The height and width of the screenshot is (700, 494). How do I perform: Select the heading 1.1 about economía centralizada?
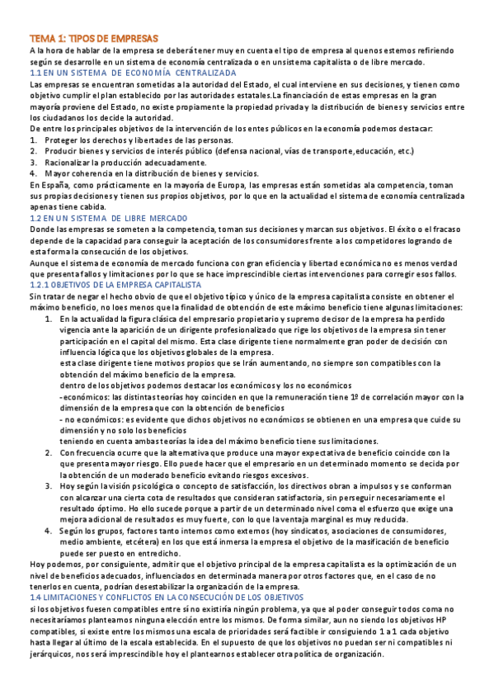(x=132, y=73)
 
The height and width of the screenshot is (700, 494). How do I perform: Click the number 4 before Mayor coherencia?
(x=31, y=173)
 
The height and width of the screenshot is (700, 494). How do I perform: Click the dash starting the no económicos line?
(x=62, y=419)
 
